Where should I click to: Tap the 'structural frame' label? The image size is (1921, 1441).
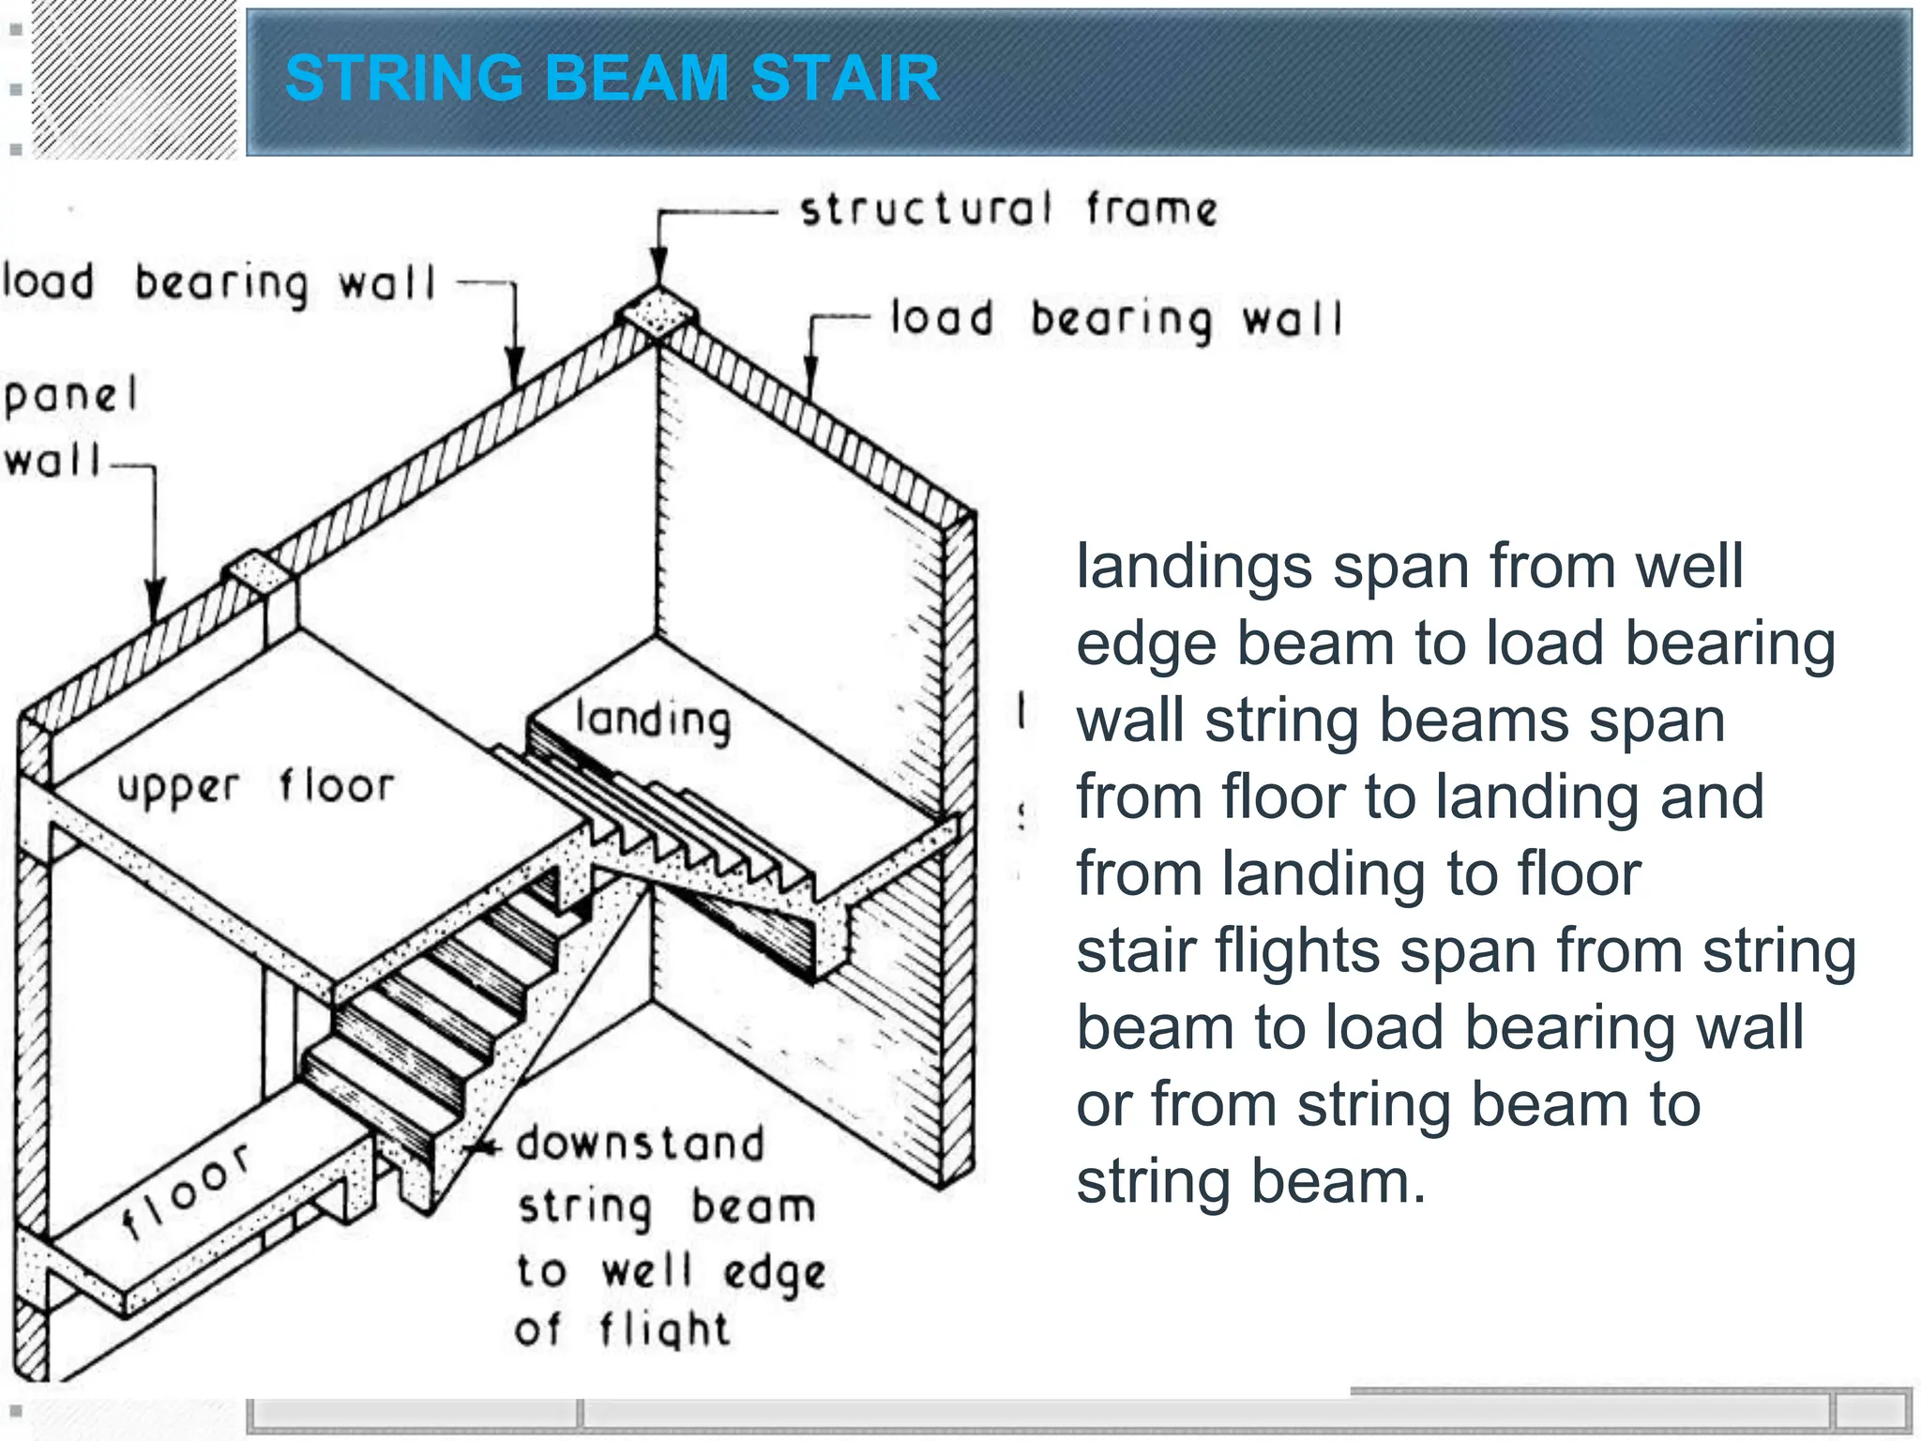click(1008, 209)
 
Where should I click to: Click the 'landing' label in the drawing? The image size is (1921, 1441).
click(653, 720)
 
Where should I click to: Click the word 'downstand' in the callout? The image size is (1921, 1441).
click(641, 1145)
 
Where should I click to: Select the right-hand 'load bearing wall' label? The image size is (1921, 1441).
click(1116, 320)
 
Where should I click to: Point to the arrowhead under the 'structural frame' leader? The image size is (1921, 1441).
click(659, 267)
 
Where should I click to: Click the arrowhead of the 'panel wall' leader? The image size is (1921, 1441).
click(155, 600)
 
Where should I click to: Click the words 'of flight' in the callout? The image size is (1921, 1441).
click(622, 1330)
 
